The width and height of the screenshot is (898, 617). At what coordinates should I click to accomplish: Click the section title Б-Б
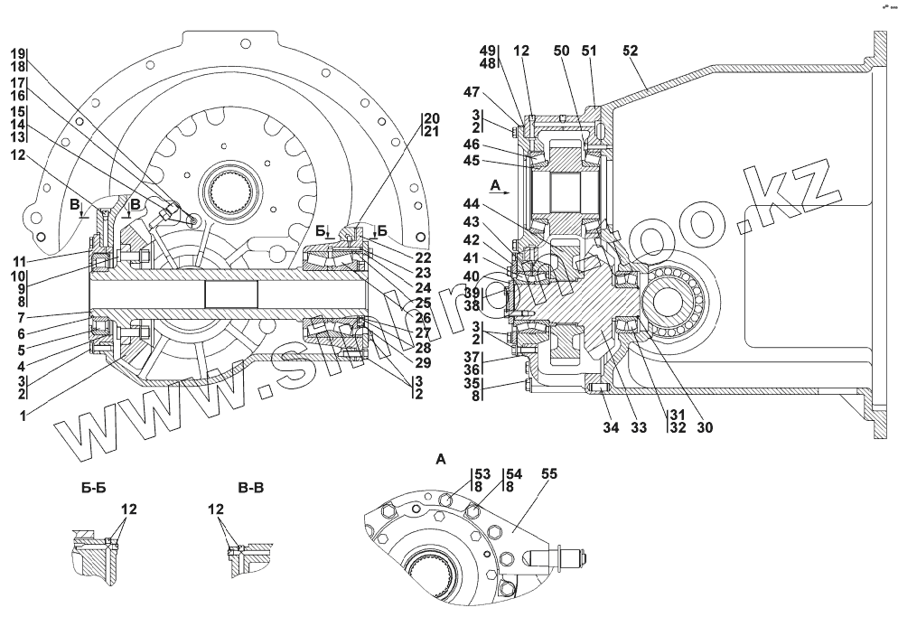click(x=95, y=489)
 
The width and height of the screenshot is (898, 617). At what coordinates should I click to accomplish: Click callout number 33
click(x=638, y=427)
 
